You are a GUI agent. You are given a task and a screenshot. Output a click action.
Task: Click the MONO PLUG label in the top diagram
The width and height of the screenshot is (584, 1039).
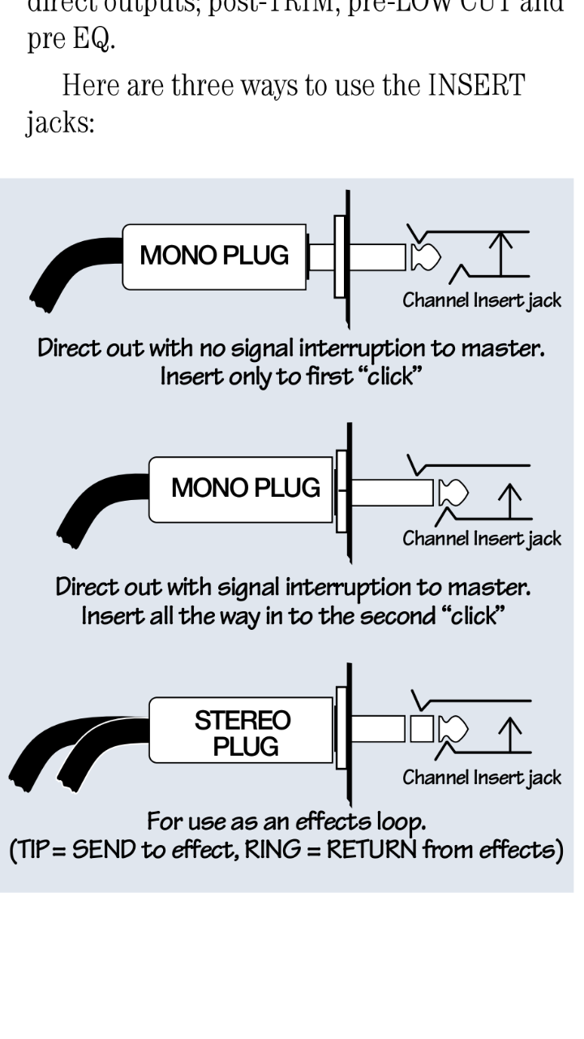coord(214,256)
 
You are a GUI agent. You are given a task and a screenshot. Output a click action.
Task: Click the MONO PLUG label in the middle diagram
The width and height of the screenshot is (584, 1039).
coord(246,488)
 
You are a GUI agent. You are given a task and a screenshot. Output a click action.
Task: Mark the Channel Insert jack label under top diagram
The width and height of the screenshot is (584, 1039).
coord(482,301)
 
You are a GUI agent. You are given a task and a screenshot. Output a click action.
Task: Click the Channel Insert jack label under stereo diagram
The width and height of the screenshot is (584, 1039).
coord(482,778)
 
